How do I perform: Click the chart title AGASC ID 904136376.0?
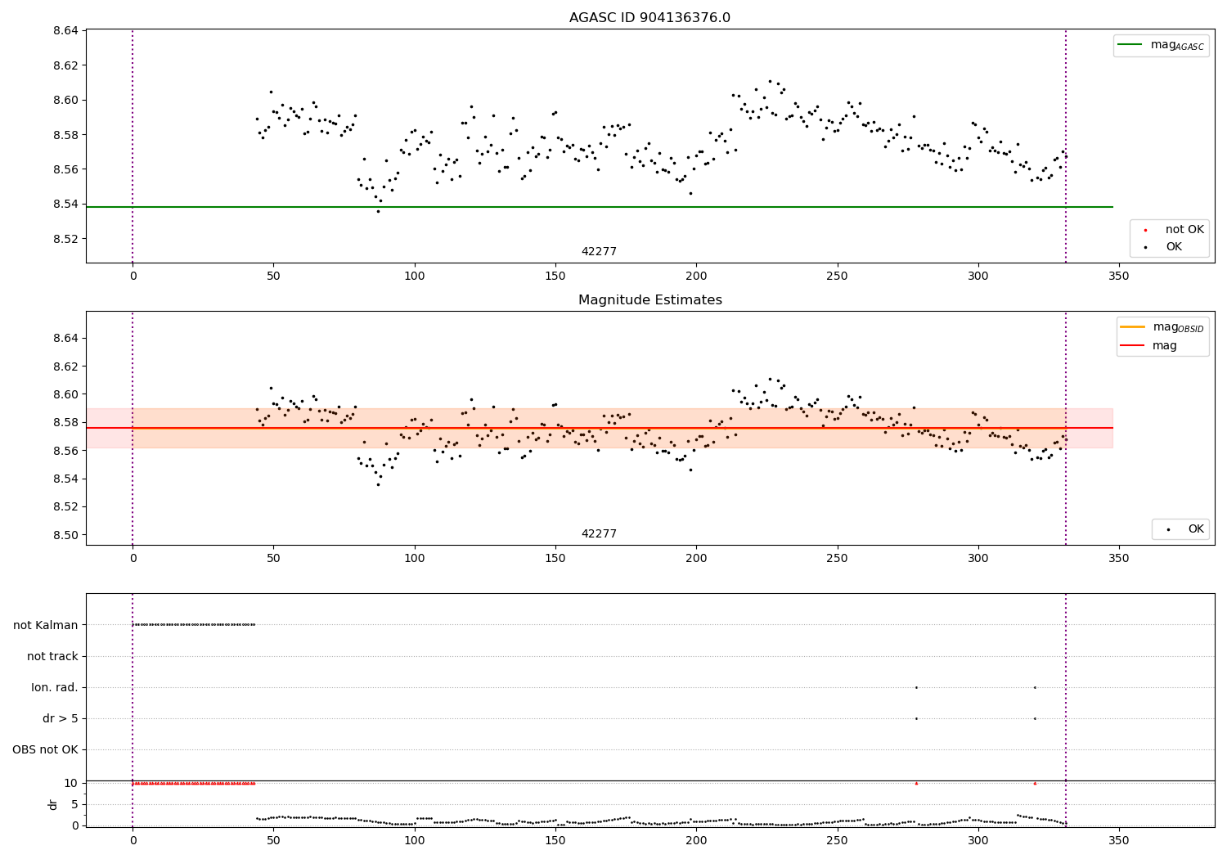click(x=649, y=18)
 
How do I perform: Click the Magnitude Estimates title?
click(x=649, y=300)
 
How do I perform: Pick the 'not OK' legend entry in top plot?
click(x=1184, y=230)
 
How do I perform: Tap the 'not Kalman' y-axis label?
click(x=46, y=625)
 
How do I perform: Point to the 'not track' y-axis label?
click(x=52, y=656)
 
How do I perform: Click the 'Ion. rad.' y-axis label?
click(x=55, y=687)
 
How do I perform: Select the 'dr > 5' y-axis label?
click(x=61, y=718)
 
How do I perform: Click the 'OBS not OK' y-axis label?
click(x=45, y=749)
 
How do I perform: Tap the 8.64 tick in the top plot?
click(x=65, y=31)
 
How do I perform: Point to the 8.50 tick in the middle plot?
click(x=65, y=535)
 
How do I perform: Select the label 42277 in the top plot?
click(x=599, y=252)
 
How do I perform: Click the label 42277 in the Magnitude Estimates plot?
click(x=599, y=534)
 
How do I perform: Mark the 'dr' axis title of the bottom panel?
click(x=53, y=804)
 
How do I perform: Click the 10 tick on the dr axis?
click(x=70, y=783)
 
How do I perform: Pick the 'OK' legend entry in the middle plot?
click(x=1195, y=529)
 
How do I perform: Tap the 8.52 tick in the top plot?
click(x=65, y=239)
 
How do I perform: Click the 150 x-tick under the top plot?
click(x=555, y=277)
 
